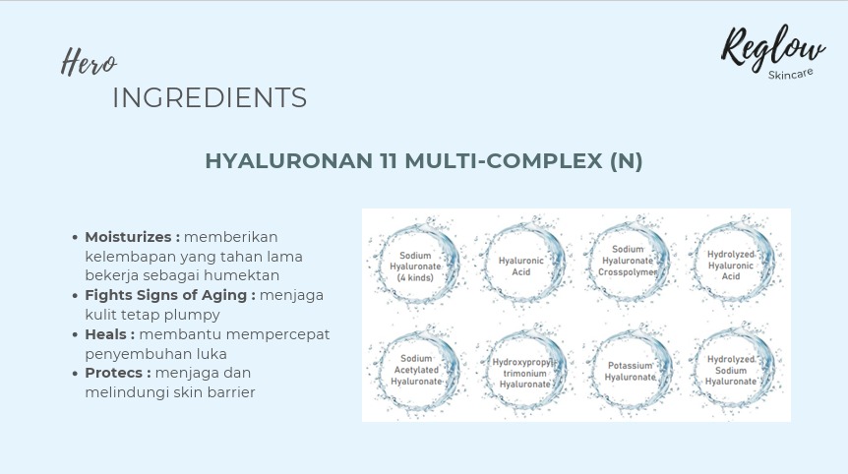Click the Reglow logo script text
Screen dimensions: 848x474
tap(772, 47)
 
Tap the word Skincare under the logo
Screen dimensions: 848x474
tap(790, 74)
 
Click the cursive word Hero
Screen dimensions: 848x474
tap(89, 62)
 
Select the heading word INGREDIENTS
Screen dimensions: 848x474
tap(210, 97)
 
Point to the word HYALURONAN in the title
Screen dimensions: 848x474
tap(289, 161)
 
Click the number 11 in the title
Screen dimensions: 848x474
tap(389, 161)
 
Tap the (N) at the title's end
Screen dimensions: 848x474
tap(627, 161)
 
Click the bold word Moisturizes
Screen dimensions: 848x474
tap(128, 237)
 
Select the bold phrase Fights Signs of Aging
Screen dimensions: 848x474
tap(166, 295)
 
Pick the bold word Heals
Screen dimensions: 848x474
tap(105, 334)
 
